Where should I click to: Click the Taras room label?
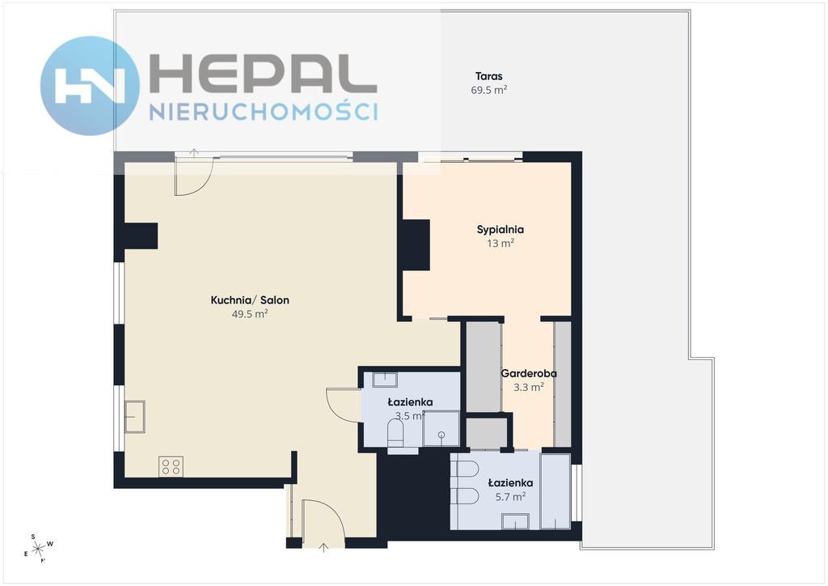[488, 76]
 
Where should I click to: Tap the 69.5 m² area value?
[489, 90]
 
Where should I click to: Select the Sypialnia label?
[500, 230]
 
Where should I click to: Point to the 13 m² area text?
[500, 244]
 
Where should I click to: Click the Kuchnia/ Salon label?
[250, 300]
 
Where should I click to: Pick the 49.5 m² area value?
[250, 314]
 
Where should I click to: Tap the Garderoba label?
[529, 374]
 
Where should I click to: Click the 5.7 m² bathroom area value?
[510, 497]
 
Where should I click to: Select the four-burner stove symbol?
[171, 466]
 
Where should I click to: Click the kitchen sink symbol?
[135, 417]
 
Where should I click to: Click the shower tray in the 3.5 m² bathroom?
[441, 428]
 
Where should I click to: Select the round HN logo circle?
[90, 86]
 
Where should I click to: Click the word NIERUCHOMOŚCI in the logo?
[264, 112]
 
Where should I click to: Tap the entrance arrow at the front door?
[323, 547]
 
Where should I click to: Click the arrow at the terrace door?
[194, 153]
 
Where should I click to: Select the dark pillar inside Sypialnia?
[416, 245]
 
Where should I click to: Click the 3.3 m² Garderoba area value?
[529, 388]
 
